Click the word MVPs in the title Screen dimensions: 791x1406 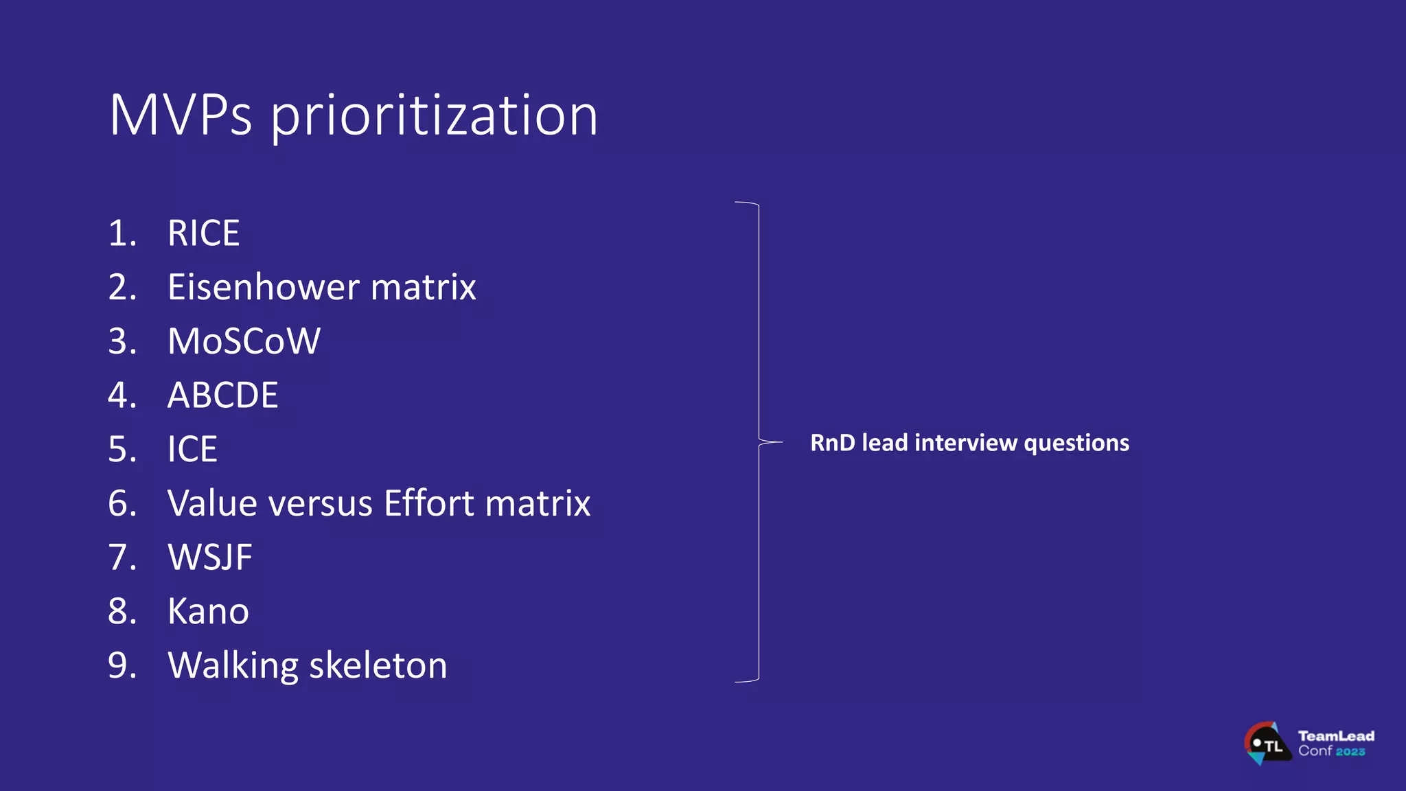click(181, 115)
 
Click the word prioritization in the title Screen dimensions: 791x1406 click(434, 117)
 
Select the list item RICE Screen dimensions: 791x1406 click(204, 233)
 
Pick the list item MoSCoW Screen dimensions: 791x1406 click(244, 341)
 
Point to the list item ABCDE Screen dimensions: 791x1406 click(222, 395)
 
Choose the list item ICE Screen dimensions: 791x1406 click(192, 450)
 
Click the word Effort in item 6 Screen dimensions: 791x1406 click(429, 503)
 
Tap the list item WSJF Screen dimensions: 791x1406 click(210, 558)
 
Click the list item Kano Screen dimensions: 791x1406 click(208, 612)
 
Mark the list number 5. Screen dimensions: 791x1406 click(122, 450)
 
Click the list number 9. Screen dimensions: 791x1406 click(122, 666)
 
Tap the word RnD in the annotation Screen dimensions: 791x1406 click(832, 443)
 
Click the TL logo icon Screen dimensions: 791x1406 click(1267, 744)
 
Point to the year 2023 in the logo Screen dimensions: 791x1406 click(1350, 752)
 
